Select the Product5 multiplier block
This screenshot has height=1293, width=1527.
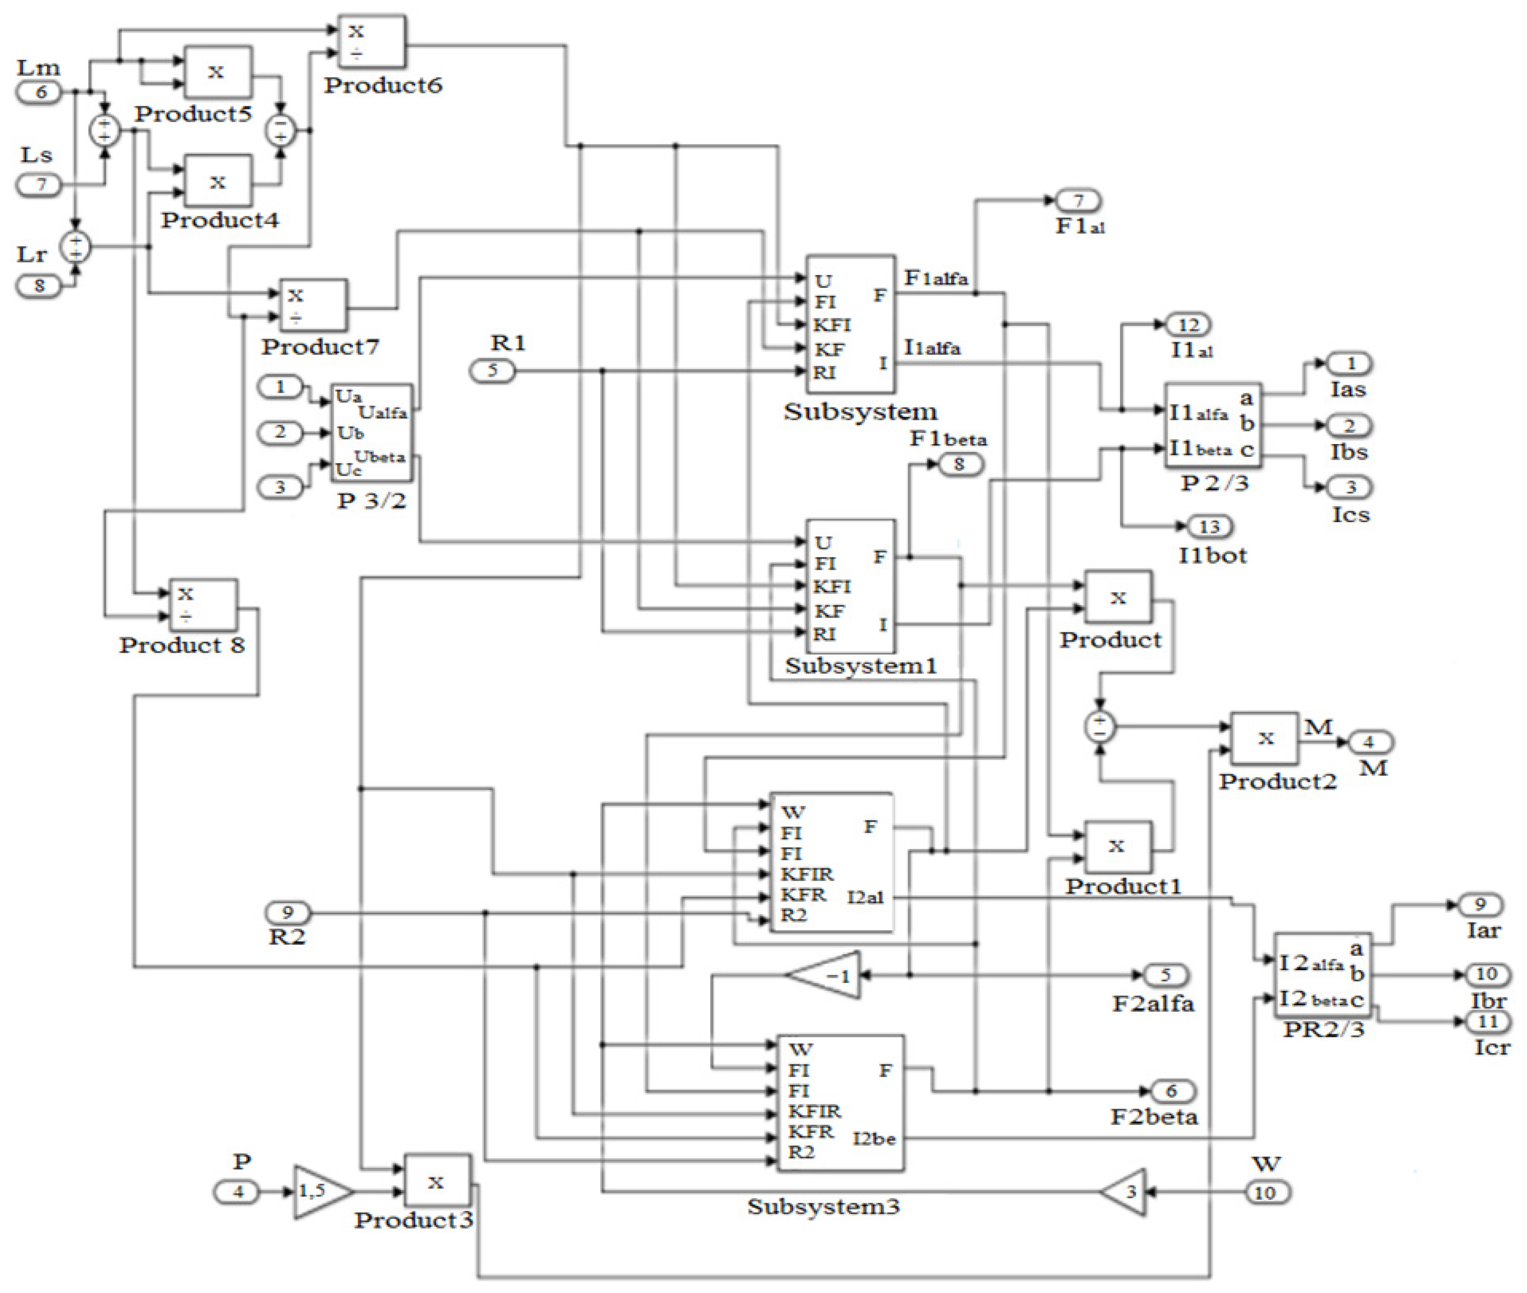pos(217,72)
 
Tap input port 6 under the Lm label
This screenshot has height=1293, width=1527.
pos(40,92)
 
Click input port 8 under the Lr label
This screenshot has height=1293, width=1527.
pos(40,285)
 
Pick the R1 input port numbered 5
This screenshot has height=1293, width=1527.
pos(492,371)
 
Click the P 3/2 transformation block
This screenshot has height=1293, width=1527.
pos(372,433)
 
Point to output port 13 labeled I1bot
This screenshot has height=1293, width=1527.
pos(1210,526)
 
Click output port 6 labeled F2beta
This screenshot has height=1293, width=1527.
pos(1171,1091)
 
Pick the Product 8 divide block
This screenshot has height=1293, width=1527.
pos(203,605)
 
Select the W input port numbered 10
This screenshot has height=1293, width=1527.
pos(1267,1193)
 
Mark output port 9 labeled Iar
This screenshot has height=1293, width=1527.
pos(1480,904)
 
